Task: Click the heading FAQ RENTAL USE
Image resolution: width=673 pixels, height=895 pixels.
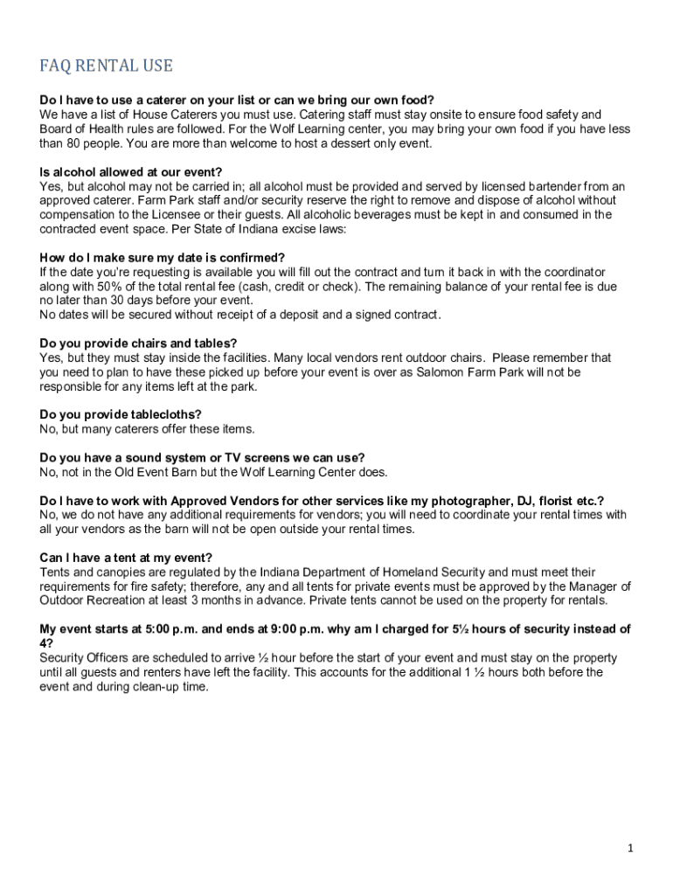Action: pos(107,66)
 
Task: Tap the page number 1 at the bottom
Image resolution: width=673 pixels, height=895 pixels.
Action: pos(630,848)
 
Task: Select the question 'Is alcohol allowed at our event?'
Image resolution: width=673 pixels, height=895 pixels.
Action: pos(131,172)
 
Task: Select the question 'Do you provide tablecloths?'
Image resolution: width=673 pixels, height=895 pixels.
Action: pos(121,415)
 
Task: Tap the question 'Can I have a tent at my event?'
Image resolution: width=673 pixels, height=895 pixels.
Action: pos(126,558)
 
